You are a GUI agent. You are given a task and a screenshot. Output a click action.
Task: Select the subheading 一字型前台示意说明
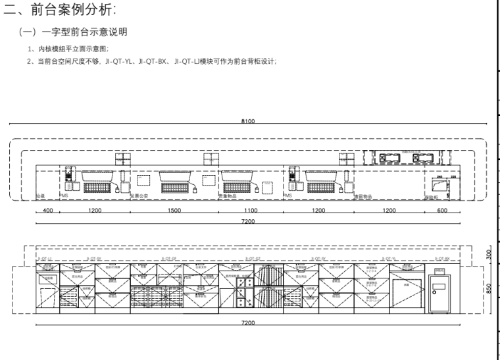(x=78, y=32)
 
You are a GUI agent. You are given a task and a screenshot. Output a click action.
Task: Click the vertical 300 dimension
(x=488, y=254)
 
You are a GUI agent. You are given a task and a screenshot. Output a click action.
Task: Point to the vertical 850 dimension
(x=488, y=288)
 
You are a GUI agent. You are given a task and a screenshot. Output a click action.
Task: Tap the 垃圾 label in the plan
(x=39, y=196)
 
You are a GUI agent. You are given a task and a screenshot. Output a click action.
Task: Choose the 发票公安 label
(x=139, y=196)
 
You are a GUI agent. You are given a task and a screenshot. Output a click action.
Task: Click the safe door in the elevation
(x=438, y=293)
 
